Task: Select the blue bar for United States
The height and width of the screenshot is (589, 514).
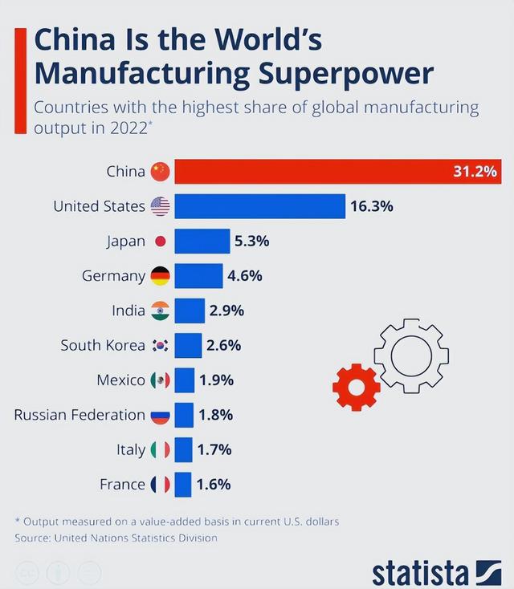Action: [x=259, y=206]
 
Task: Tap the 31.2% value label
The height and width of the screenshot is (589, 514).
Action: [x=475, y=172]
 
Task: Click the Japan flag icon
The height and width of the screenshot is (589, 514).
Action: [x=160, y=241]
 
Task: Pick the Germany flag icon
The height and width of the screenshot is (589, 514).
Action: [x=160, y=276]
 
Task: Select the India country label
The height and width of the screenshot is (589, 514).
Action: [x=128, y=311]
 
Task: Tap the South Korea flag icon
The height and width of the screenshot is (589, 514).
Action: [x=160, y=345]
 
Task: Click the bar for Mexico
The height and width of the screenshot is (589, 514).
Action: [x=185, y=380]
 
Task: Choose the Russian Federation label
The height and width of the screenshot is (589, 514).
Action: [x=80, y=415]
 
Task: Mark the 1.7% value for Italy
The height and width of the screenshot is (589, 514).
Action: [x=214, y=449]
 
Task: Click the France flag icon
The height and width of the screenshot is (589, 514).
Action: [x=160, y=484]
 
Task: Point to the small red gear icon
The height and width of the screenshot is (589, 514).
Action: [x=356, y=387]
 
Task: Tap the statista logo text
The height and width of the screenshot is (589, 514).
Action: [x=420, y=572]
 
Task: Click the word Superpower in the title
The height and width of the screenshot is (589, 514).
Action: [x=346, y=74]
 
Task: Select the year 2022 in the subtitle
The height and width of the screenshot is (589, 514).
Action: [x=129, y=128]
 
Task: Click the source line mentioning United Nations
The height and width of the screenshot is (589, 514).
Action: [x=116, y=538]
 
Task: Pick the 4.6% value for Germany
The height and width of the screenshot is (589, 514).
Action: [x=245, y=276]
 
